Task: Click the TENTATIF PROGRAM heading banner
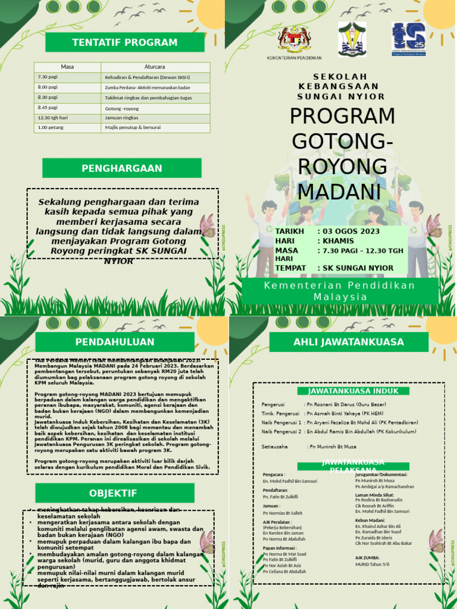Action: (124, 42)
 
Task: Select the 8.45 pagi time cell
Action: (48, 108)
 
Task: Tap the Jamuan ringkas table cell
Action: (122, 118)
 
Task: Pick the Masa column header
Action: (67, 67)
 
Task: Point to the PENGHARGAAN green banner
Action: (121, 168)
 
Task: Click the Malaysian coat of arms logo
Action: (295, 39)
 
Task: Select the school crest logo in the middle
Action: (352, 39)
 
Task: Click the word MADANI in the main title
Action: (339, 192)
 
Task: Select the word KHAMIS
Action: (337, 240)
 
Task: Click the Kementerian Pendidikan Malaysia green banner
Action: (340, 291)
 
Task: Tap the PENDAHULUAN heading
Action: (114, 341)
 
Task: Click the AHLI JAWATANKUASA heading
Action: (348, 341)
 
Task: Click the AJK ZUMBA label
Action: (367, 558)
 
